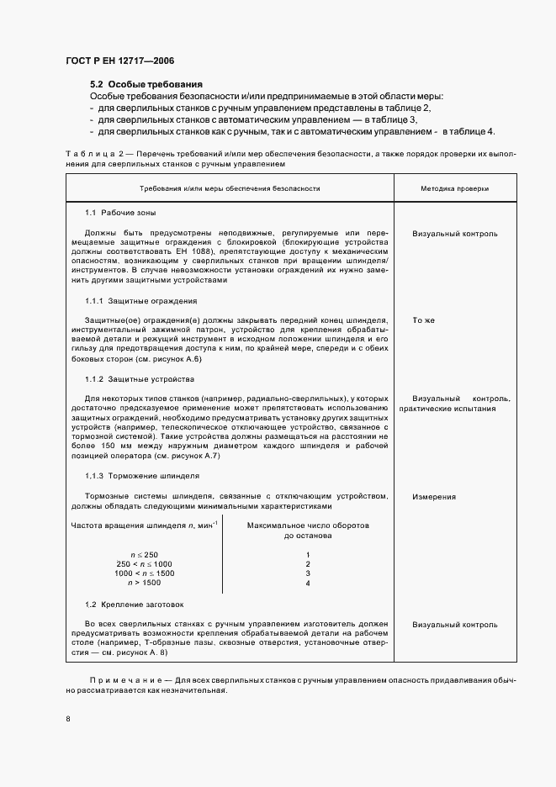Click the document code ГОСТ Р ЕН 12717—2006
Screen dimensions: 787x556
click(119, 61)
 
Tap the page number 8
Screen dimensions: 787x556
click(68, 718)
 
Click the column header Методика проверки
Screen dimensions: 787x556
click(454, 189)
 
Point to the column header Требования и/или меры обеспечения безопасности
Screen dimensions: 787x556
click(230, 189)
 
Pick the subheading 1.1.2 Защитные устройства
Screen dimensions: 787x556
click(139, 379)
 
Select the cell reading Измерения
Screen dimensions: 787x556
click(434, 497)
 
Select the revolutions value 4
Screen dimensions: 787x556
click(308, 583)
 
